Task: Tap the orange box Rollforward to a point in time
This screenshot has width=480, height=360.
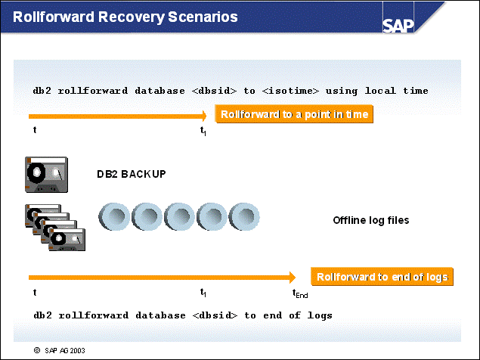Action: (x=295, y=115)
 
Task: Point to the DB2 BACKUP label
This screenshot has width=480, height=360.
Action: (x=131, y=175)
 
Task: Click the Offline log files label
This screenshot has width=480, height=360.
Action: (x=371, y=221)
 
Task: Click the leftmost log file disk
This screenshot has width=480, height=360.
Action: (x=115, y=218)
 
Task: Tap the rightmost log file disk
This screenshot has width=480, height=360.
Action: (x=244, y=218)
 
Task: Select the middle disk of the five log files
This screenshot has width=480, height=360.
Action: (x=180, y=218)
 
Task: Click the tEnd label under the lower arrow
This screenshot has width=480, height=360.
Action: (x=300, y=293)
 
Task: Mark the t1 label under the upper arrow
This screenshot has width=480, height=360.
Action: (x=203, y=131)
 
